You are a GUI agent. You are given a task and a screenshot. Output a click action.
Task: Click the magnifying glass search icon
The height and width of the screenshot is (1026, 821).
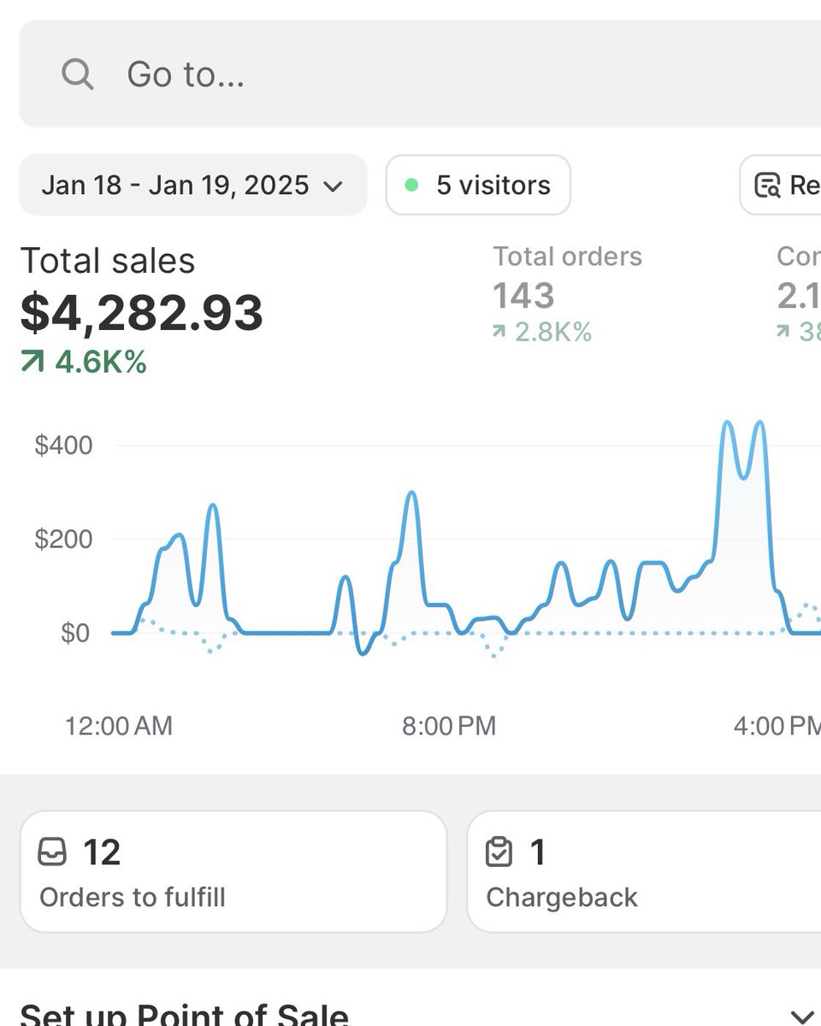point(77,74)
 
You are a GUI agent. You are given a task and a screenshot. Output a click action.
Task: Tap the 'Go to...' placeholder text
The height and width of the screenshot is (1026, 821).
point(186,74)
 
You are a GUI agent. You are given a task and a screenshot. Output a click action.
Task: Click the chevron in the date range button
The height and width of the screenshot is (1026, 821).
point(334,186)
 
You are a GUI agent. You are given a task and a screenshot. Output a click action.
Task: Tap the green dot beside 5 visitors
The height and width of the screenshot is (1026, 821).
point(411,185)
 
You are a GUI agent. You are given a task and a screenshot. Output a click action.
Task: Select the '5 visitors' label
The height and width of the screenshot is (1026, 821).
point(493,185)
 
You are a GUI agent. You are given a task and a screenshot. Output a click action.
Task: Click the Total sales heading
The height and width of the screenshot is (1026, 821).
point(108,261)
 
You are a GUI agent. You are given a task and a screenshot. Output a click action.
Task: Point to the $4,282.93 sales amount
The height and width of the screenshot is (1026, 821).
point(142,313)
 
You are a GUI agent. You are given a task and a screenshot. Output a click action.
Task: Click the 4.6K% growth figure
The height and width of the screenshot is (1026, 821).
point(101,362)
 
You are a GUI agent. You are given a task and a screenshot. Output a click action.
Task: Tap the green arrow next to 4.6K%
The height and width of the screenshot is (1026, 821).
point(32,363)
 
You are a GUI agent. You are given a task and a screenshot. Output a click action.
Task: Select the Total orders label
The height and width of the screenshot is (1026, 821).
point(567,256)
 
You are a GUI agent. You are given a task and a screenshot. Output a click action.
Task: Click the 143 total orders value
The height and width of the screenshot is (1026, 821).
point(523,296)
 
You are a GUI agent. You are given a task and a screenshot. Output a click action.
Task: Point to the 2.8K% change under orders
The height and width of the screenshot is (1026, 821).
point(553,332)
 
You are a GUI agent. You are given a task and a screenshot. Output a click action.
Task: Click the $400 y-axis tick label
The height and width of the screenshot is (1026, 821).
point(63,445)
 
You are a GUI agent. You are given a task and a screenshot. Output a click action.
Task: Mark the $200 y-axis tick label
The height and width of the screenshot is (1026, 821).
point(63,540)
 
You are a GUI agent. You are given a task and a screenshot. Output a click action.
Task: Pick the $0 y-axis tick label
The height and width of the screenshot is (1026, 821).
point(74,634)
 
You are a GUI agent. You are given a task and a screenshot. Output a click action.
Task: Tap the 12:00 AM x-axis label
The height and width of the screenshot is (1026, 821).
point(119,726)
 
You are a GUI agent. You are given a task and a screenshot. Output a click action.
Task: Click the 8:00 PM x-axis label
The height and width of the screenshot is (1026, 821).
point(449,726)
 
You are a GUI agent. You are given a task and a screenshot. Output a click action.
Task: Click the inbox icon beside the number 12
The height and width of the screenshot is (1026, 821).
point(52,852)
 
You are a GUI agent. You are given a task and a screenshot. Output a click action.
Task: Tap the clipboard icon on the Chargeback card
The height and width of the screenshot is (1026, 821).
point(499,852)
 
